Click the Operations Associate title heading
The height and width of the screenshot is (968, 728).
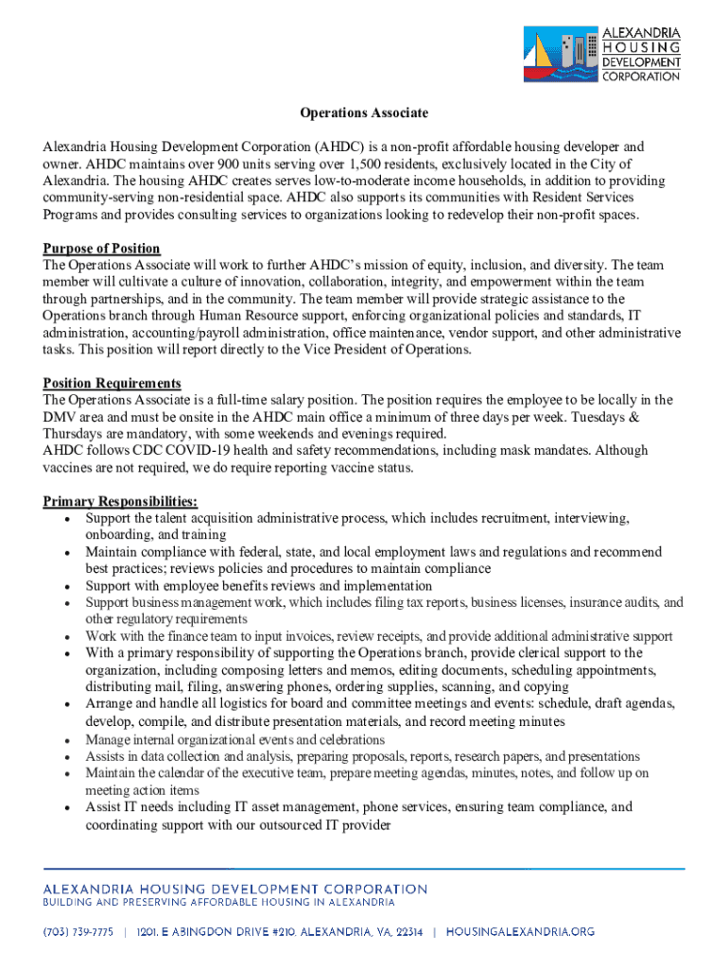(x=364, y=113)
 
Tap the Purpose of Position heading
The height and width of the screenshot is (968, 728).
(x=101, y=249)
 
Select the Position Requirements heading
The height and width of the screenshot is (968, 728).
(x=112, y=383)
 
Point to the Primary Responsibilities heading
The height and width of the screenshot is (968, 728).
(x=120, y=502)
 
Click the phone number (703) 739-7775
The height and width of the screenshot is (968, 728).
(x=78, y=932)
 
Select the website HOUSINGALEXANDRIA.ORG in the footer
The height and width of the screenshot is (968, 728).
(x=520, y=932)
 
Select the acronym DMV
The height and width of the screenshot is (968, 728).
(x=60, y=417)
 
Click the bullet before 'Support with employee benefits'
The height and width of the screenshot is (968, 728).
(x=64, y=586)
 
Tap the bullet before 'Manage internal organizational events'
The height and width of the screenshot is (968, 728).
(x=64, y=740)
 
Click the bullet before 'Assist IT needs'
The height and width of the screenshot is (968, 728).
(x=64, y=808)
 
